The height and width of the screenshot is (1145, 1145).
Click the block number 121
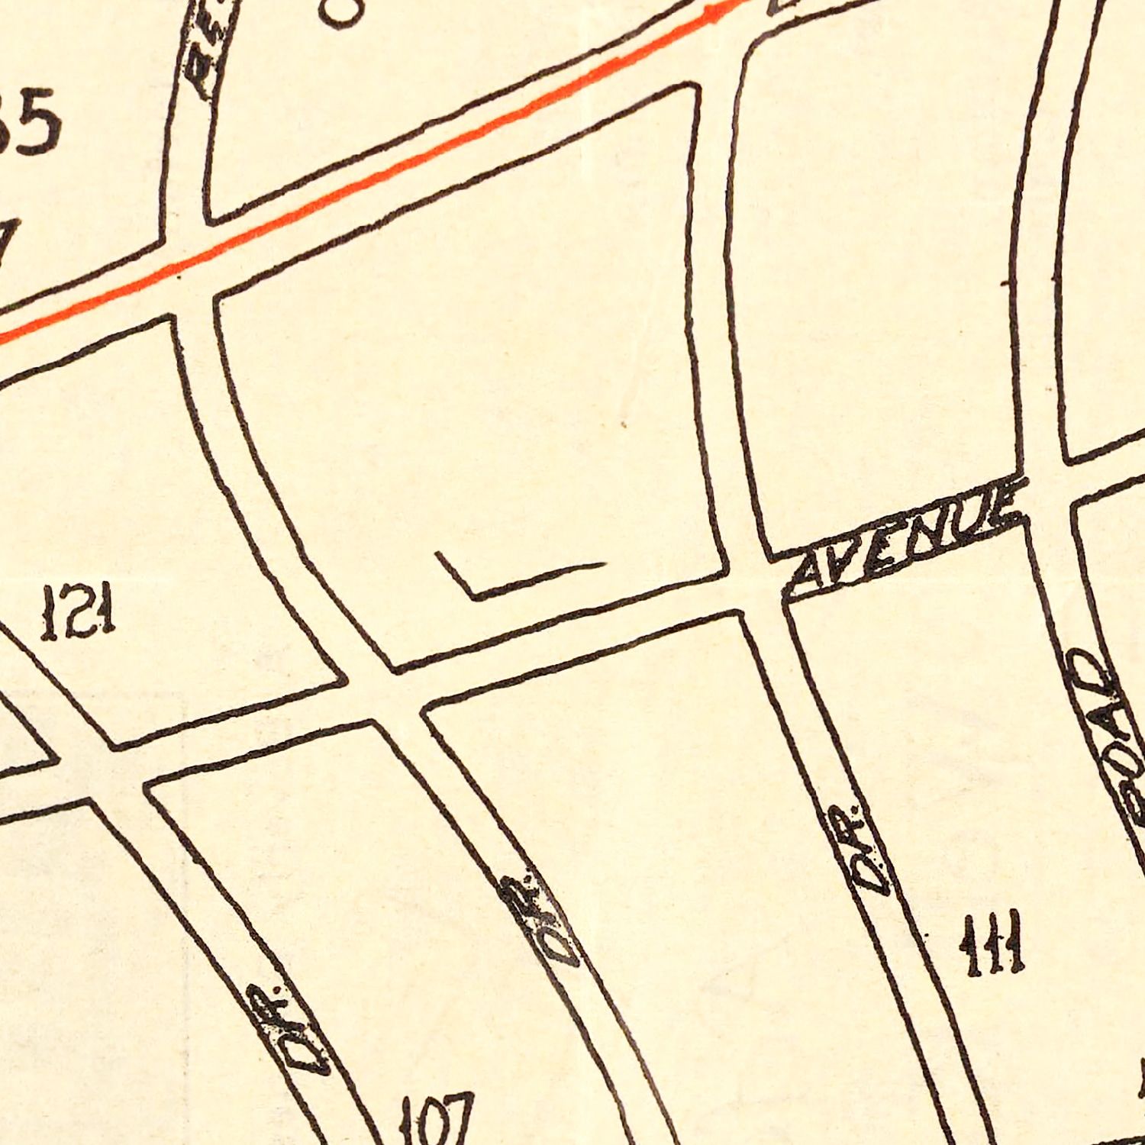[78, 613]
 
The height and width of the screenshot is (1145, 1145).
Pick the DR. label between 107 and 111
[538, 920]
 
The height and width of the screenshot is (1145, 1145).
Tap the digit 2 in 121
[77, 613]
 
